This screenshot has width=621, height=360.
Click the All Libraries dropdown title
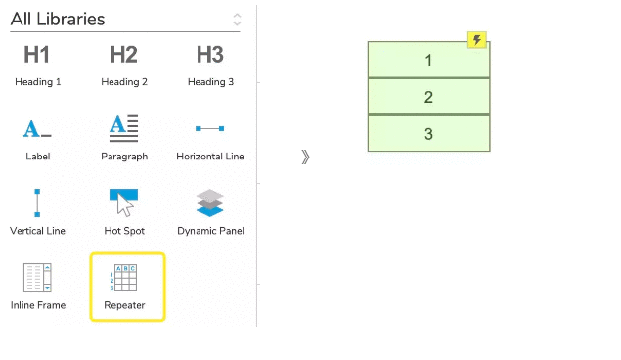tap(58, 19)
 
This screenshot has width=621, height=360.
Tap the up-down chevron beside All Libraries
tap(237, 20)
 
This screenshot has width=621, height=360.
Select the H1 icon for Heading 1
tap(36, 54)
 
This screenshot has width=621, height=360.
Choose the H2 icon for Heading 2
tap(123, 54)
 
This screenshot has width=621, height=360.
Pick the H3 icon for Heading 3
tap(210, 54)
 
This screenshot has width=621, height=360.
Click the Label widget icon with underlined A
tap(37, 129)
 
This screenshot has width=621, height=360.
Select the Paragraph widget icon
tap(124, 128)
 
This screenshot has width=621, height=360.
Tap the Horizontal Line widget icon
tap(210, 128)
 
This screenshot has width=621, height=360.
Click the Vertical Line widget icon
tap(37, 202)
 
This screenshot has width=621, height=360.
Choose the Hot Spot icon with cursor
tap(124, 202)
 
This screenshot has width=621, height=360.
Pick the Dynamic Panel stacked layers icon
tap(210, 202)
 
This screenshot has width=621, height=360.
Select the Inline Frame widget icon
tap(37, 277)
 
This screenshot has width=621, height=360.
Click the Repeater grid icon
tap(124, 277)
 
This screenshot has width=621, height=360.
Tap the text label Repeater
tap(124, 305)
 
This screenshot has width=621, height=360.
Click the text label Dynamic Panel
tap(210, 231)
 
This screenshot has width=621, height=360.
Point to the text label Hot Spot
tap(124, 231)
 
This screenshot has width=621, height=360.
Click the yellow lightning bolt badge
tap(477, 40)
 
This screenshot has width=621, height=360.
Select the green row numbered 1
tap(429, 60)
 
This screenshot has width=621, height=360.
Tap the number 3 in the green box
tap(428, 134)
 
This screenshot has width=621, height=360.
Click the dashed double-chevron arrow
tap(299, 157)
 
